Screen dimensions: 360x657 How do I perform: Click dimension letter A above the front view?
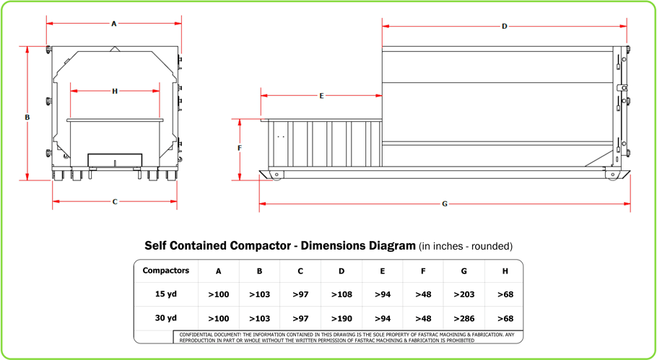(x=114, y=24)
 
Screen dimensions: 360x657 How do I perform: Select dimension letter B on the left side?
(x=27, y=116)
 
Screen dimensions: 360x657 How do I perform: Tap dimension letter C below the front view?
(x=115, y=202)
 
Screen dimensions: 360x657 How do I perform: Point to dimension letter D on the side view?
(x=505, y=27)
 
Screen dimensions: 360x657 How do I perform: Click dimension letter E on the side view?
(x=321, y=95)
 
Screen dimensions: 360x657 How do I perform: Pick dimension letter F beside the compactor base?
(x=240, y=148)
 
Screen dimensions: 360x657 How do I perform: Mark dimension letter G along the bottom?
(x=445, y=204)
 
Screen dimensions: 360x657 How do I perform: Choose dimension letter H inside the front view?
(x=115, y=91)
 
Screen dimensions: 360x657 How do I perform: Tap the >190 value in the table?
(x=341, y=318)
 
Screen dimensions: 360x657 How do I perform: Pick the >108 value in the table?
(x=341, y=294)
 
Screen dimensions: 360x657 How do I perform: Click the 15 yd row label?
(x=167, y=294)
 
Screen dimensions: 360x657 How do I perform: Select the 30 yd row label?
(x=167, y=317)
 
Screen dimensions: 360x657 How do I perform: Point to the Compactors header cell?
(x=167, y=271)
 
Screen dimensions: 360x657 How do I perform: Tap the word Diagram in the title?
(x=387, y=245)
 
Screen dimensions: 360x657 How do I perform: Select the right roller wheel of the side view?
(x=613, y=175)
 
